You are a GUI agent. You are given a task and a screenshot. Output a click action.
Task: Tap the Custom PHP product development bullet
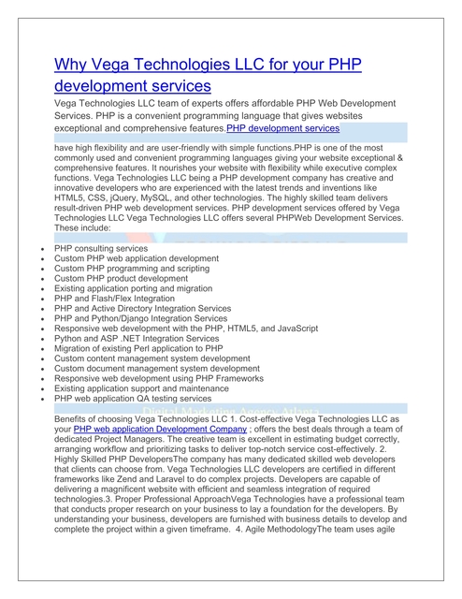(x=121, y=278)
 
